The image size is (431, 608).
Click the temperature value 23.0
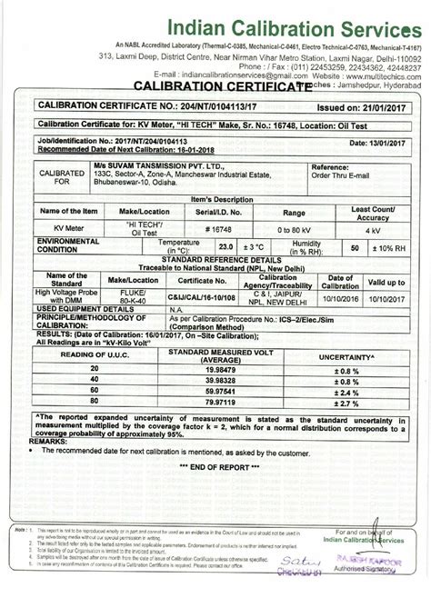226,221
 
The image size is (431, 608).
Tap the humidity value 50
355,221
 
